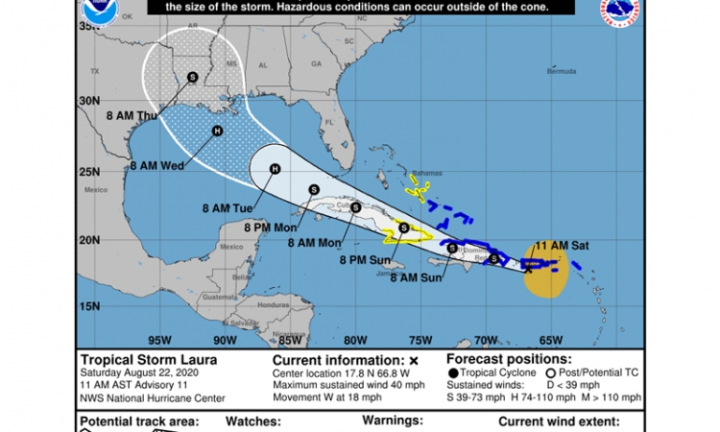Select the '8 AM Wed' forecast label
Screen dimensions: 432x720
point(156,165)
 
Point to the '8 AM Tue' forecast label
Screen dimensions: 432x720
point(226,206)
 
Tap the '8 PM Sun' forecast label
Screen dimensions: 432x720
point(365,259)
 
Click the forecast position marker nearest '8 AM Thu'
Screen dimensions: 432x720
point(192,78)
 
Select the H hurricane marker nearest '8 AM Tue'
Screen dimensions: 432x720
point(275,170)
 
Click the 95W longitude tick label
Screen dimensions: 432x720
point(159,339)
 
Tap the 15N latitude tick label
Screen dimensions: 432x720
point(90,306)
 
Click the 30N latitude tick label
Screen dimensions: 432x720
point(90,100)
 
